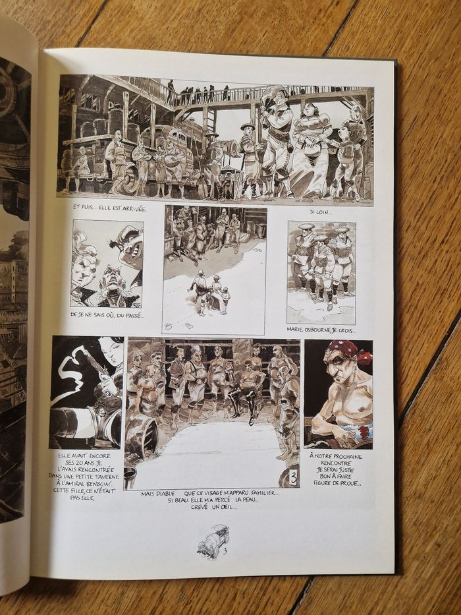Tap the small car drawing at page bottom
point(213,541)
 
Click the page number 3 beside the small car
point(225,552)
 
